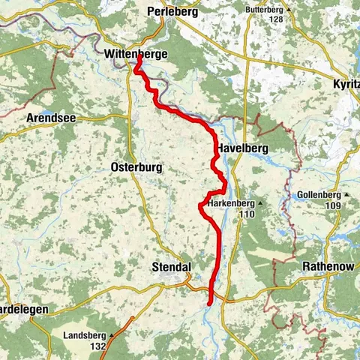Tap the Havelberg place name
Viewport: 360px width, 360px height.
(243, 149)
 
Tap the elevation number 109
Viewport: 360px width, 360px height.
(333, 205)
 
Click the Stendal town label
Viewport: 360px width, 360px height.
(172, 267)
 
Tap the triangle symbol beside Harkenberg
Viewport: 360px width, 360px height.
(260, 203)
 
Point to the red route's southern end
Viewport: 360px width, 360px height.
(209, 302)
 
